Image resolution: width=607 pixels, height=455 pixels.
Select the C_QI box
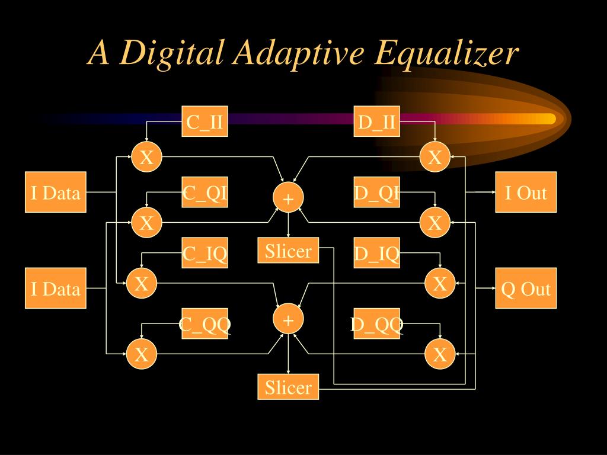(x=205, y=193)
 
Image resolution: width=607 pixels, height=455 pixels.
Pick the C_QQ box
(x=205, y=323)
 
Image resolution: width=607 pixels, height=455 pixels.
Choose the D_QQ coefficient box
(x=377, y=323)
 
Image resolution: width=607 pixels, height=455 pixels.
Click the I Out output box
(x=526, y=192)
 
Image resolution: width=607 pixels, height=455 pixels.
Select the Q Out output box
(x=526, y=289)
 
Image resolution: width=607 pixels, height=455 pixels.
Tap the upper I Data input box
(x=56, y=192)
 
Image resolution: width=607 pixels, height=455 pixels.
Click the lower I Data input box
(x=56, y=289)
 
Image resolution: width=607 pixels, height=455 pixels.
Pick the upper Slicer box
(x=289, y=250)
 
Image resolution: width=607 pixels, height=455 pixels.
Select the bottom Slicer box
(x=289, y=387)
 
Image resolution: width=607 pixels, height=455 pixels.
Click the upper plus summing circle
(x=288, y=198)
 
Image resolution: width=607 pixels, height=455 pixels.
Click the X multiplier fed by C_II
(x=146, y=157)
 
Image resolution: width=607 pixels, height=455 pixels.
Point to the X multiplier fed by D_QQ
(x=440, y=354)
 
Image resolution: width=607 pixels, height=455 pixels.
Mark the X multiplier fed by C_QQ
(x=142, y=354)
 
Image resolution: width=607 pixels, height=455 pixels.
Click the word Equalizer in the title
(x=446, y=54)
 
